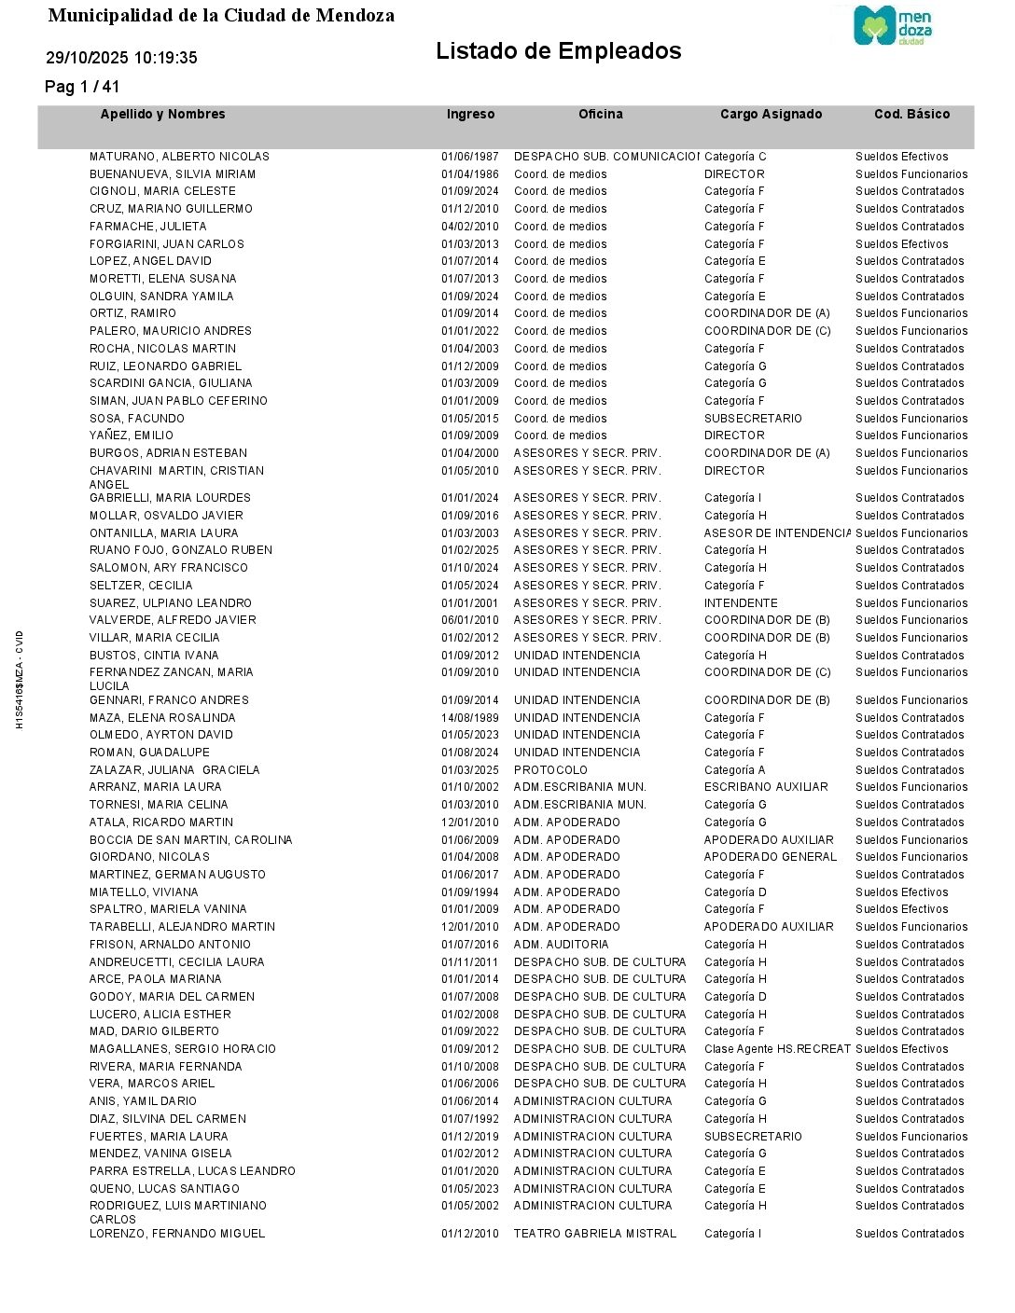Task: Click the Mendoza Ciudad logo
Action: tap(893, 26)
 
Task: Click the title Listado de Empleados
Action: tap(558, 51)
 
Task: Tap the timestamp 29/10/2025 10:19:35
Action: tap(121, 58)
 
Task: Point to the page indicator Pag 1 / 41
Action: tap(82, 87)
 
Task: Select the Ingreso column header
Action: tap(470, 115)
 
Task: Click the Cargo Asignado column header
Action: tap(771, 115)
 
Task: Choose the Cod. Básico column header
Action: tap(911, 115)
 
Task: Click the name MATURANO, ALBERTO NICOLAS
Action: tap(179, 157)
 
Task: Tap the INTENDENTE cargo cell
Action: tap(741, 603)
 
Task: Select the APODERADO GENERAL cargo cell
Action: tap(771, 857)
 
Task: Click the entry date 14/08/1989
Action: tap(469, 718)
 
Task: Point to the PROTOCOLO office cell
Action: tap(550, 770)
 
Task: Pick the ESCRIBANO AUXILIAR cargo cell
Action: tap(766, 787)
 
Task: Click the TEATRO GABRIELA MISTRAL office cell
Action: tap(594, 1234)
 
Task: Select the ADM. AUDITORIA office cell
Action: tap(561, 945)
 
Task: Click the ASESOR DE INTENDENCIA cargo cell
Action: tap(777, 533)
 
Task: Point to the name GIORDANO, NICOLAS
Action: tap(149, 857)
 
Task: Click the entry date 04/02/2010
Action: tap(469, 227)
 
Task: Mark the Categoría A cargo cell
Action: tap(734, 770)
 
